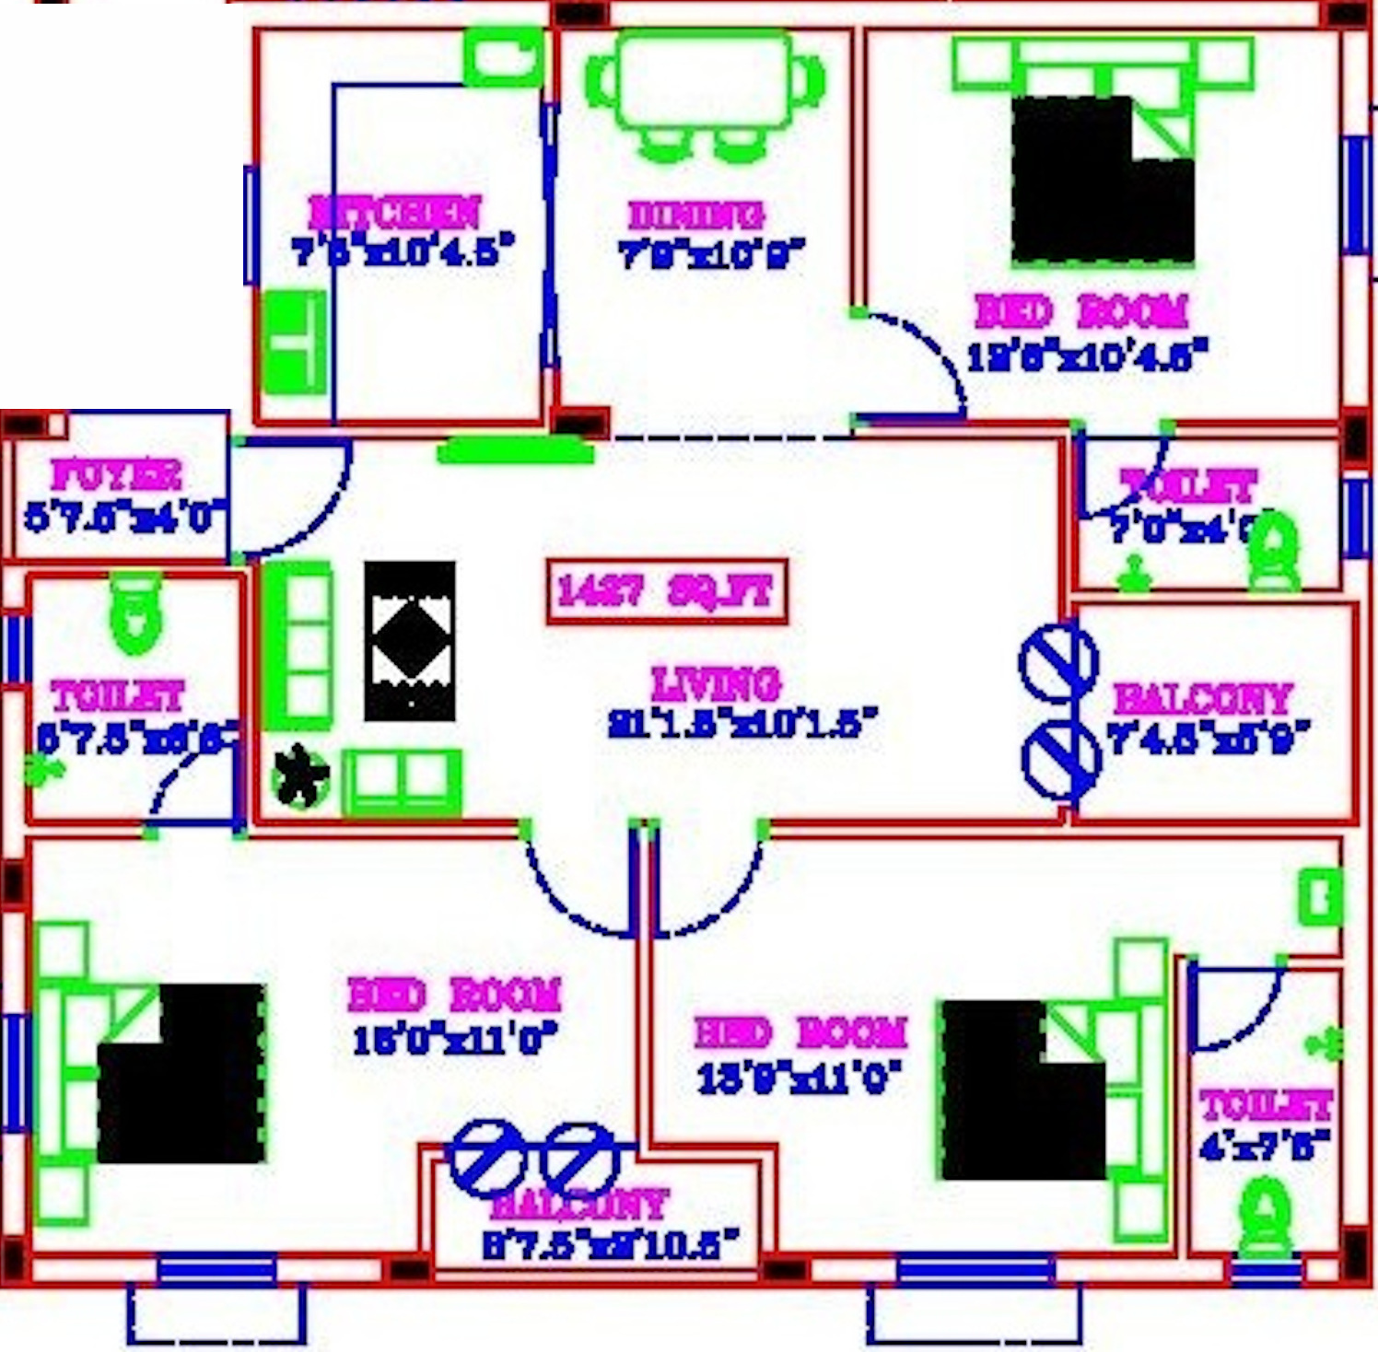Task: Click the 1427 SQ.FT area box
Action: pyautogui.click(x=666, y=592)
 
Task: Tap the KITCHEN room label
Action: pyautogui.click(x=394, y=213)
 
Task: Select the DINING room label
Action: pyautogui.click(x=695, y=215)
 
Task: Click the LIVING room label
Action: pyautogui.click(x=716, y=684)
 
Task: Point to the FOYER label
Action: pyautogui.click(x=117, y=475)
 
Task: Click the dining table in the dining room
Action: pyautogui.click(x=705, y=81)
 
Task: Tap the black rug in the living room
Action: pyautogui.click(x=410, y=641)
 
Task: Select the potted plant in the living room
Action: pyautogui.click(x=300, y=779)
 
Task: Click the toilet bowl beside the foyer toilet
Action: pyautogui.click(x=135, y=612)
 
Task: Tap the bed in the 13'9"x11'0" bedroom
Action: pyautogui.click(x=1022, y=1091)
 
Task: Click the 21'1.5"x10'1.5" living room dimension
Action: pyautogui.click(x=742, y=723)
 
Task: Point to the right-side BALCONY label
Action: pyautogui.click(x=1202, y=700)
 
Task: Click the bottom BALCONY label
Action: pyautogui.click(x=578, y=1204)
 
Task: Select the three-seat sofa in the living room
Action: pyautogui.click(x=298, y=647)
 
